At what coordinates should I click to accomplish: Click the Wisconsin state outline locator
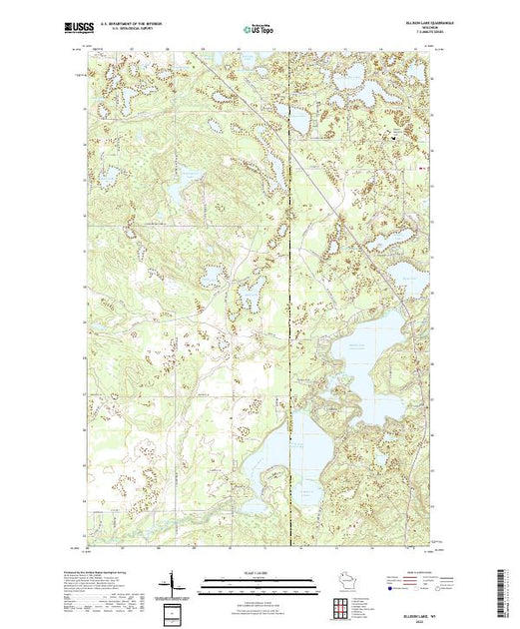345,583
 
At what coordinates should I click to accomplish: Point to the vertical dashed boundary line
290,250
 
